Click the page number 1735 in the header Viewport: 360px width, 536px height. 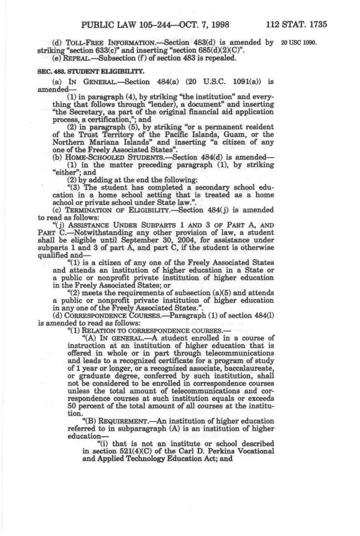[x=317, y=25]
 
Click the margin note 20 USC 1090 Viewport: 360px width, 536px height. [x=299, y=43]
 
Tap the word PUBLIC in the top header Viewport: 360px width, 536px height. [x=97, y=25]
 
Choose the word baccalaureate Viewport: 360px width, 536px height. [x=248, y=368]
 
